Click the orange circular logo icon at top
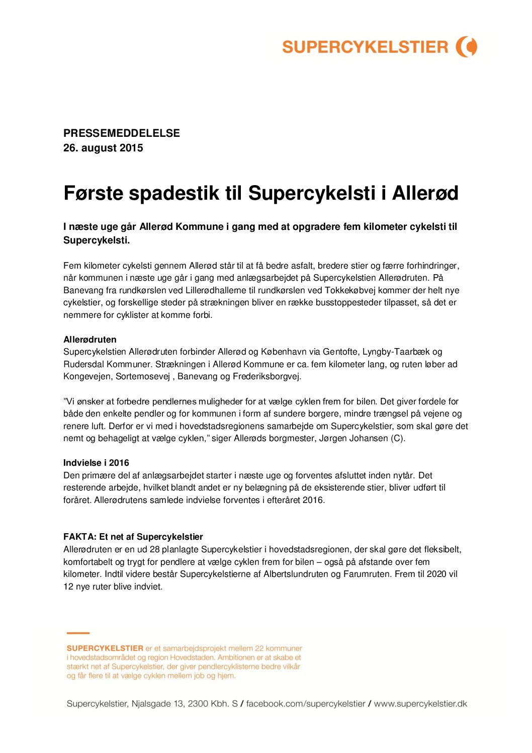tap(466, 47)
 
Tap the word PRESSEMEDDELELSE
tap(121, 133)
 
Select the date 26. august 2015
tap(103, 148)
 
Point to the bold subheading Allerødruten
tap(90, 340)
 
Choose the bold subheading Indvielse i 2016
tap(96, 463)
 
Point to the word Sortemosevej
tap(143, 376)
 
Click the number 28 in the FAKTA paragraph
tap(154, 549)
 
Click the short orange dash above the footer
tap(78, 633)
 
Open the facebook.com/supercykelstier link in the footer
tap(305, 704)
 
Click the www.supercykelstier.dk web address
tap(420, 704)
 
